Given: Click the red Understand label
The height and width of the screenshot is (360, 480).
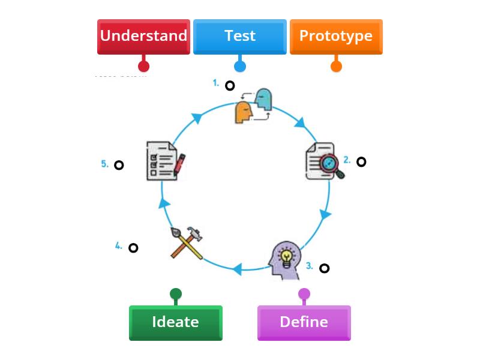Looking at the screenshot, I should point(143,36).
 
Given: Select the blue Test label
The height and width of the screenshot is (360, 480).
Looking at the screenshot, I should point(239,36).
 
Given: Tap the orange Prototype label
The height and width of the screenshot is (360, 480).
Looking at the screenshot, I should point(336,36).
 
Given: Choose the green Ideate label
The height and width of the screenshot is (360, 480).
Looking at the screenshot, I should point(175,322).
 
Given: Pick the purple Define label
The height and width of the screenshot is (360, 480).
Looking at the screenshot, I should point(304,322).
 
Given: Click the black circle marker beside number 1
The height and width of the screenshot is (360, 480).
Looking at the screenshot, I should point(230,85).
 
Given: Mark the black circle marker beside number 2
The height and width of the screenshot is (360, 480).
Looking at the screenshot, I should point(361,161).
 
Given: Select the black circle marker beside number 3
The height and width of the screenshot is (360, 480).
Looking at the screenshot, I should point(324,268).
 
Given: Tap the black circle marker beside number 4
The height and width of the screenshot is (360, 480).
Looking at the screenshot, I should point(133,247).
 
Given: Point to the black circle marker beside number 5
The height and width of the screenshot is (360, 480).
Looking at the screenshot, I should point(119,165).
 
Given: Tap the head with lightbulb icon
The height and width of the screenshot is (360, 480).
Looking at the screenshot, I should point(285,260).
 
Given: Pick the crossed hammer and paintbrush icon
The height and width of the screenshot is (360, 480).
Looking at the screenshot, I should point(186,242).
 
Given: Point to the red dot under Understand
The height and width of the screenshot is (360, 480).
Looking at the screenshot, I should point(143,66).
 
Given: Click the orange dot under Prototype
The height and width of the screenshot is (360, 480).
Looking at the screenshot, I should point(336,66).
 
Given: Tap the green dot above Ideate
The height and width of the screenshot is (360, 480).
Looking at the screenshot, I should point(175,294).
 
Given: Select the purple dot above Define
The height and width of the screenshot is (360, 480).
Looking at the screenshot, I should point(304,294).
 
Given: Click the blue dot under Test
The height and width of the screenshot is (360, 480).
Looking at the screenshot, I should point(239,66).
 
